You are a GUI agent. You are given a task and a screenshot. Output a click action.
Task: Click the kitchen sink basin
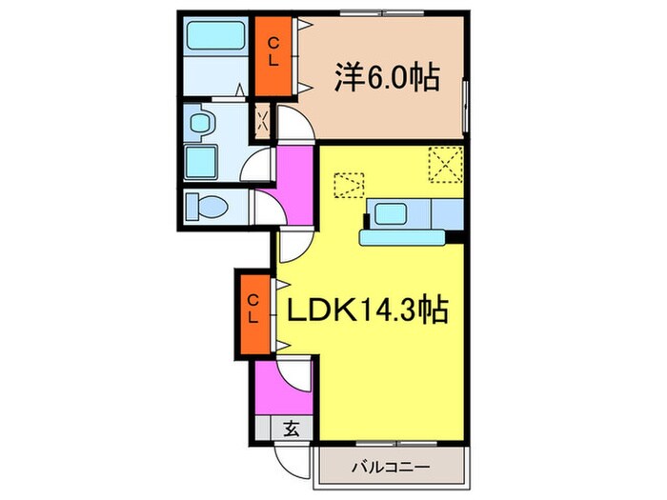coord(393,213)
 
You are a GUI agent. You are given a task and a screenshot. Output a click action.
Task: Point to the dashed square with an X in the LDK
coord(443,163)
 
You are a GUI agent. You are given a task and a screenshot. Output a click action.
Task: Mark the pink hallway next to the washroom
coord(295,181)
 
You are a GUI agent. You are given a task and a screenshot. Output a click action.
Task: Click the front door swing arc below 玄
coord(291,462)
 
